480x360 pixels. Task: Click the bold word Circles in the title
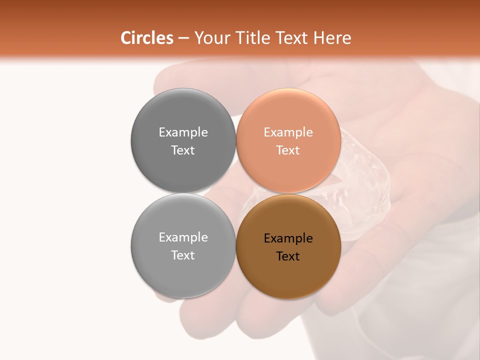(x=146, y=38)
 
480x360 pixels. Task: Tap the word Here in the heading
(x=332, y=38)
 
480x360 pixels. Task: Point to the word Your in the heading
(x=212, y=38)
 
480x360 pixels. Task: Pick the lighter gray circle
(x=183, y=270)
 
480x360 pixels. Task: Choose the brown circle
(x=288, y=272)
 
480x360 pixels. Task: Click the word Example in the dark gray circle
(x=183, y=132)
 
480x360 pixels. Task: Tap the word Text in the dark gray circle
(x=183, y=150)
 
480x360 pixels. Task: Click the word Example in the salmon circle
(x=288, y=132)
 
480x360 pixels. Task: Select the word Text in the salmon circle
(x=288, y=150)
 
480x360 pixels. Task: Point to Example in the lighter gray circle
(x=183, y=237)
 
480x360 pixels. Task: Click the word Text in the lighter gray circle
(x=183, y=255)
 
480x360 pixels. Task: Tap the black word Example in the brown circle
(x=288, y=238)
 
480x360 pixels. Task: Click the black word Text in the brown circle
(x=288, y=256)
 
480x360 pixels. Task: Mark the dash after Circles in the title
(x=183, y=38)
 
